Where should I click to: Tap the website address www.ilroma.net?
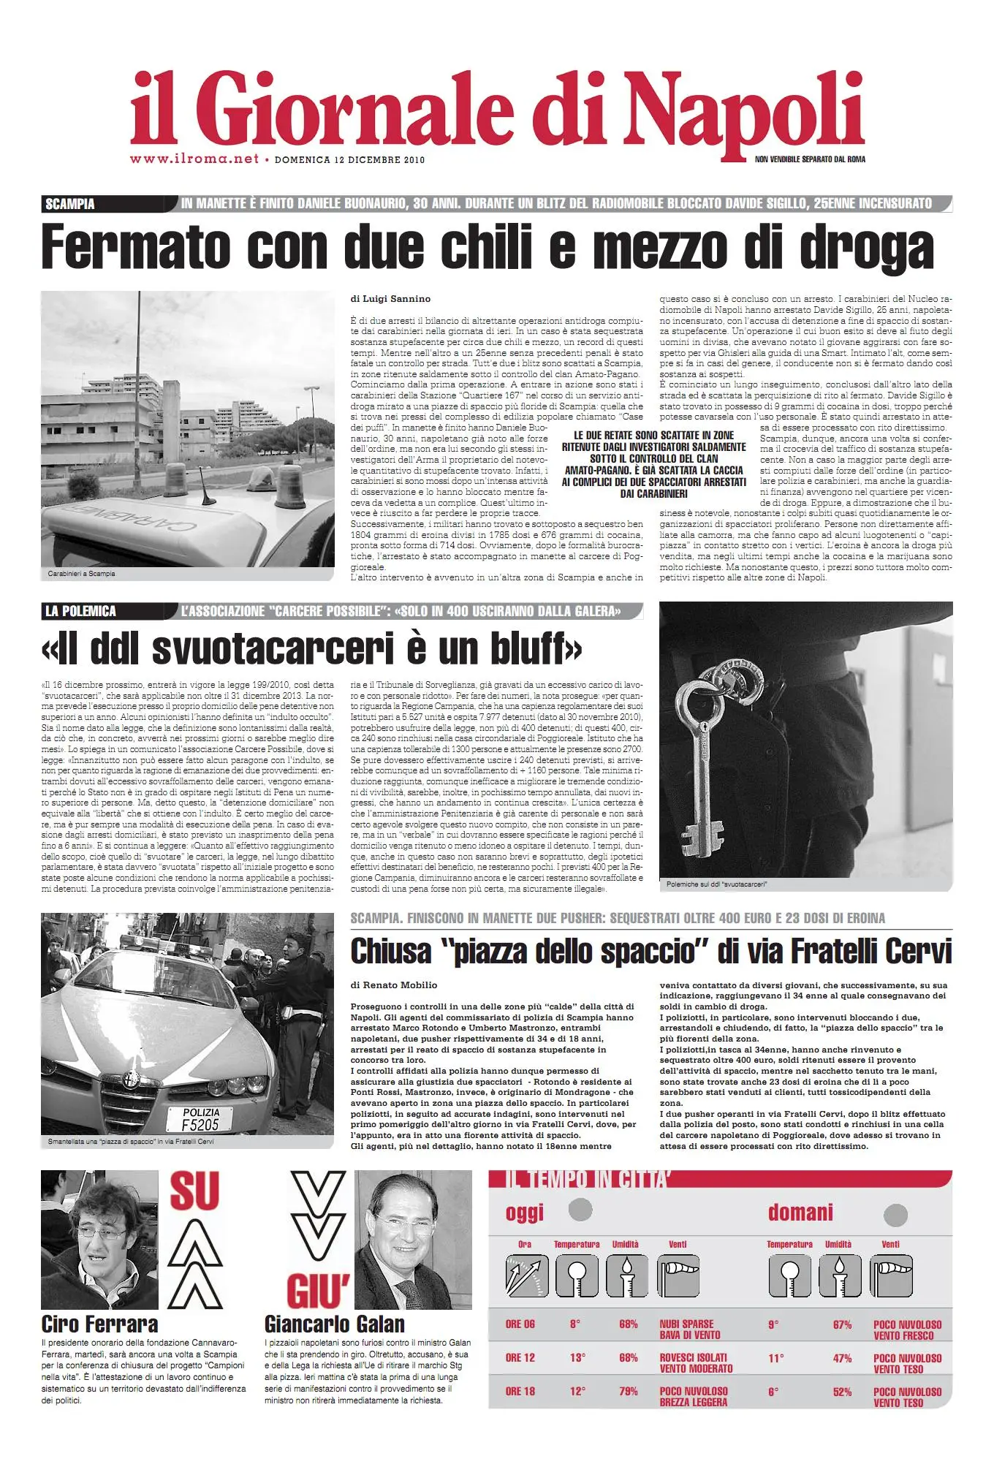pyautogui.click(x=194, y=159)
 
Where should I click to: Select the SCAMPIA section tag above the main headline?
pyautogui.click(x=70, y=204)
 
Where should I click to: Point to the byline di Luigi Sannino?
pyautogui.click(x=390, y=299)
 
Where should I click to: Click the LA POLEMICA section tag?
pyautogui.click(x=80, y=611)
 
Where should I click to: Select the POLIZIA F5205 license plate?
pyautogui.click(x=200, y=1119)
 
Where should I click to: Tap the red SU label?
pyautogui.click(x=194, y=1191)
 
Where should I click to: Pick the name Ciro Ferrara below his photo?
pyautogui.click(x=99, y=1324)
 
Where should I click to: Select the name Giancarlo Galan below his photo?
pyautogui.click(x=334, y=1324)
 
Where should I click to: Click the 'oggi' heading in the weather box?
pyautogui.click(x=525, y=1214)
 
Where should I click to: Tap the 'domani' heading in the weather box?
pyautogui.click(x=800, y=1213)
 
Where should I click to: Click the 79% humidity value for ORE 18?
pyautogui.click(x=629, y=1392)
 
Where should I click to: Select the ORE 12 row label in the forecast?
pyautogui.click(x=520, y=1358)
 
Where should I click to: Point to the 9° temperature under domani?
pyautogui.click(x=773, y=1324)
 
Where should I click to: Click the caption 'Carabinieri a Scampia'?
pyautogui.click(x=82, y=574)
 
